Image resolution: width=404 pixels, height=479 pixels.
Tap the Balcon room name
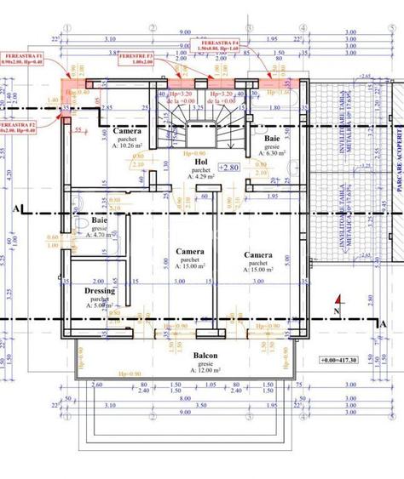pyautogui.click(x=205, y=356)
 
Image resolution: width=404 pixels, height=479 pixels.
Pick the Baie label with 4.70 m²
pyautogui.click(x=101, y=220)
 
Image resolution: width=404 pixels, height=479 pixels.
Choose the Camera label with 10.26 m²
pyautogui.click(x=127, y=131)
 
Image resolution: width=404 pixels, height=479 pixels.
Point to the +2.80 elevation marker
pyautogui.click(x=228, y=168)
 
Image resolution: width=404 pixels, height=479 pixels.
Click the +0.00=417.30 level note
pyautogui.click(x=338, y=361)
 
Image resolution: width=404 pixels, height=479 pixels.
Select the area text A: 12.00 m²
pyautogui.click(x=205, y=371)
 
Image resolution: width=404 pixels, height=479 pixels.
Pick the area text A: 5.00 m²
pyautogui.click(x=101, y=306)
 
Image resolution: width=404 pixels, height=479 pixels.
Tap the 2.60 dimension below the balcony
pyautogui.click(x=95, y=385)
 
